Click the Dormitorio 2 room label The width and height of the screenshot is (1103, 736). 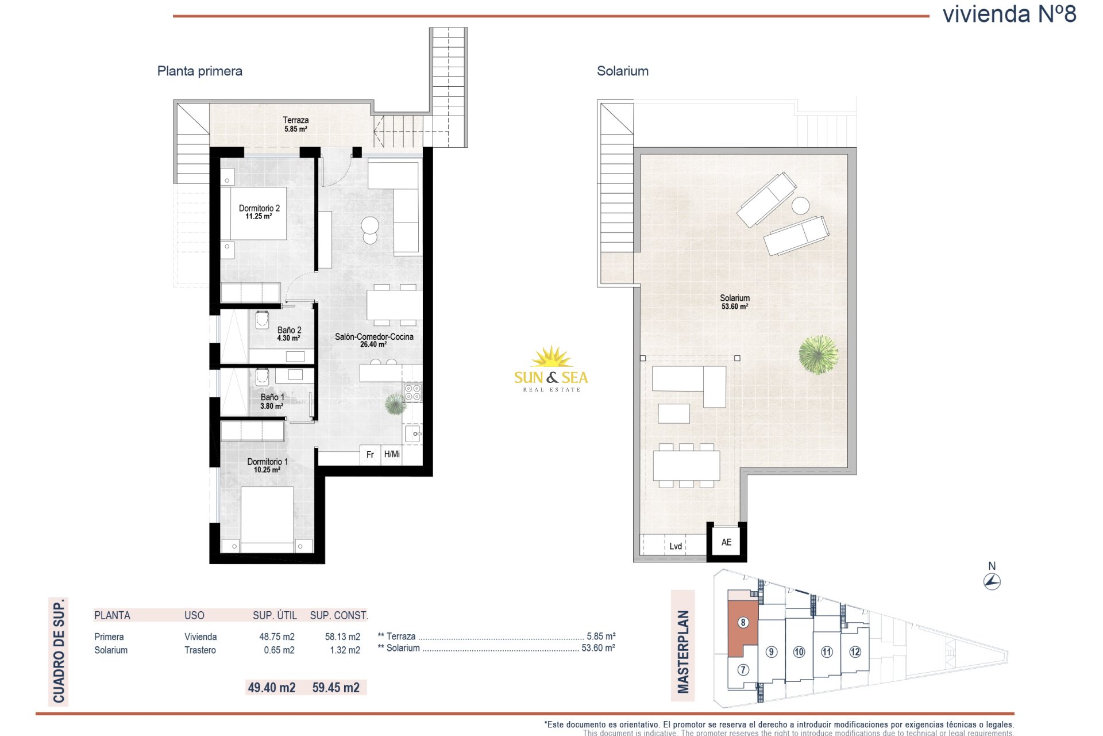point(259,212)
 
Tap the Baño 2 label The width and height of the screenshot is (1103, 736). point(289,334)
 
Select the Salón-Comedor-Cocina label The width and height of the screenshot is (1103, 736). point(374,340)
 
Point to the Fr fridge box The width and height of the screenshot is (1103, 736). point(371,454)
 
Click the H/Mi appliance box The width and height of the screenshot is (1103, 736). point(392,454)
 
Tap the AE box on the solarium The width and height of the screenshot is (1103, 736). point(727,542)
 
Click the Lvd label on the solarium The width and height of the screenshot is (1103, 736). point(676,546)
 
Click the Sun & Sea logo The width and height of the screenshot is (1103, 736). point(551,369)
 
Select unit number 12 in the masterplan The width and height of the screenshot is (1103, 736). point(855,651)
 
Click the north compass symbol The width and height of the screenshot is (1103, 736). point(992,581)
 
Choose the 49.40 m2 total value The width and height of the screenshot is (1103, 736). point(272,687)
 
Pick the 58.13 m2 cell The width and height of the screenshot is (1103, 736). point(342,637)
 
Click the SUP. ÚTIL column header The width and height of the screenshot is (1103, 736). point(275,615)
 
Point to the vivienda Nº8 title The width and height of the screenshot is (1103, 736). point(1009,14)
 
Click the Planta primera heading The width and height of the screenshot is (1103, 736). point(200,71)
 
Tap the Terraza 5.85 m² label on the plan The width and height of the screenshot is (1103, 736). point(296,124)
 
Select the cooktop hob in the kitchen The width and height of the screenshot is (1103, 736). point(413,392)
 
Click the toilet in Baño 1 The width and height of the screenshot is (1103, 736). point(263,377)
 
